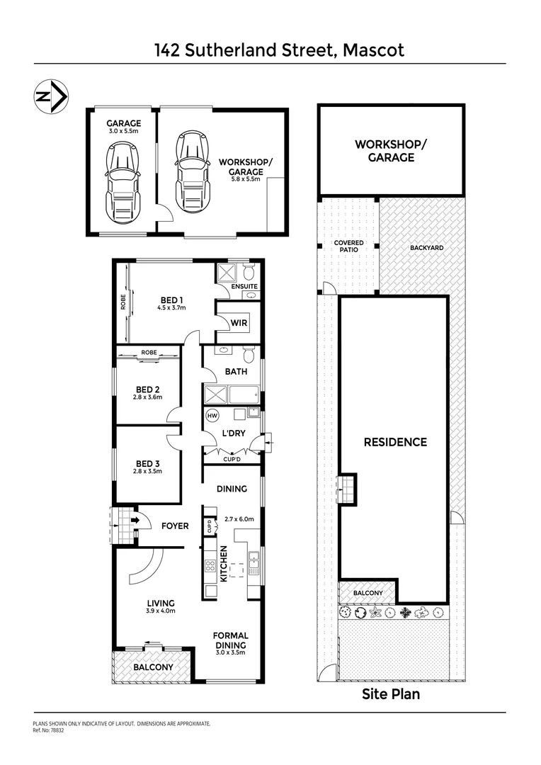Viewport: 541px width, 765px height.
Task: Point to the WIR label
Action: click(x=239, y=323)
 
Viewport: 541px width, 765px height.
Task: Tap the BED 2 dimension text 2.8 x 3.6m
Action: click(x=147, y=397)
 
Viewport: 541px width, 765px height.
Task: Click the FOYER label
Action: click(x=174, y=526)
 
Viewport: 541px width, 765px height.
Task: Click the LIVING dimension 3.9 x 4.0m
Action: click(x=160, y=611)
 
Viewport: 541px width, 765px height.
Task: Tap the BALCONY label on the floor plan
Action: click(x=153, y=667)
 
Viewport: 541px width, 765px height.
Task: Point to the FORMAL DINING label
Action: click(x=231, y=640)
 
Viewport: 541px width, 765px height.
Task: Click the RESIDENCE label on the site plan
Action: click(x=395, y=442)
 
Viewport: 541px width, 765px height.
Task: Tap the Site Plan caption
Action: click(x=391, y=694)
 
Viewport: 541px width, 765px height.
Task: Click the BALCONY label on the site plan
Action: click(x=368, y=593)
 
